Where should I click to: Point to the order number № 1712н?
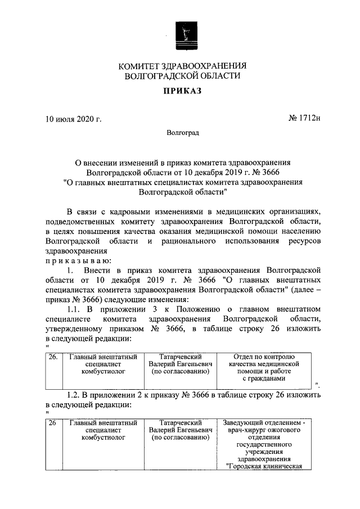click(304, 119)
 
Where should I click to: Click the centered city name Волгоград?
click(182, 133)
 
